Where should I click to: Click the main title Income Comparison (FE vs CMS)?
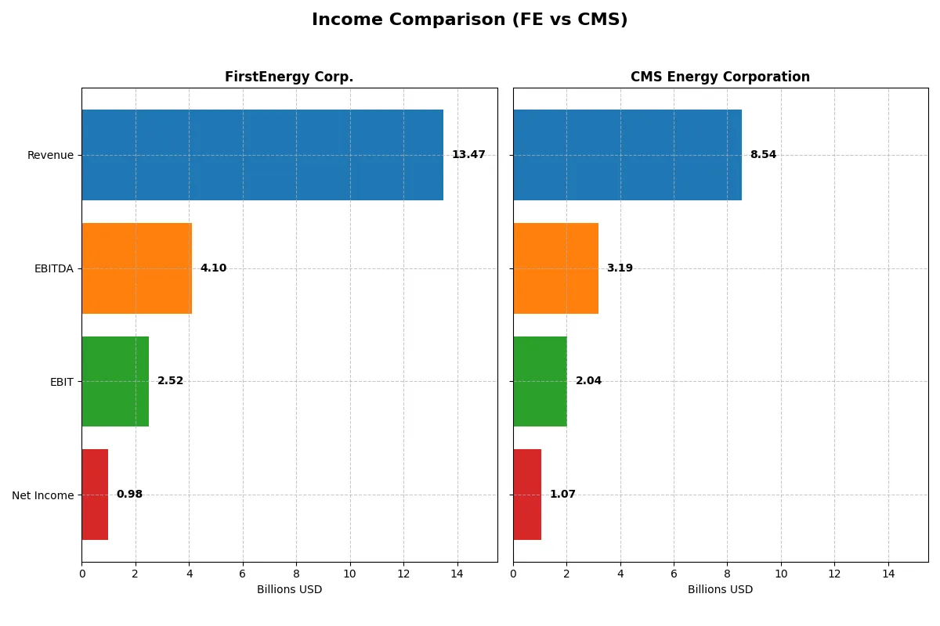469,20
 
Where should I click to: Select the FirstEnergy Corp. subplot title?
289,77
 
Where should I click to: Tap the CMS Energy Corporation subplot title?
720,77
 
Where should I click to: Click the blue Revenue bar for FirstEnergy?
262,155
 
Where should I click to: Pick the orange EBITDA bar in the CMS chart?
555,268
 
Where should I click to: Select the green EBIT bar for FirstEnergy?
115,382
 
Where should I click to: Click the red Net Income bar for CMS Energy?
527,495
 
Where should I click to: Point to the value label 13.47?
468,155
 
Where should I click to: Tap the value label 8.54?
763,155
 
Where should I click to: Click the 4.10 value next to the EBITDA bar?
213,268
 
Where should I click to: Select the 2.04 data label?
588,381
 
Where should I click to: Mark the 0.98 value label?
129,495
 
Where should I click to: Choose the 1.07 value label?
562,495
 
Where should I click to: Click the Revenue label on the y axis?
50,156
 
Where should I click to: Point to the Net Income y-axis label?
43,495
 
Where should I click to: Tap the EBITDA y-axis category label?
54,269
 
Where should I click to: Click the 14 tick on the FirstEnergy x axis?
457,574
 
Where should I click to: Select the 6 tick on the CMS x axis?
674,574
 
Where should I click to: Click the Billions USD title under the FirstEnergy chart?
289,590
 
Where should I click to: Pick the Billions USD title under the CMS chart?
720,590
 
